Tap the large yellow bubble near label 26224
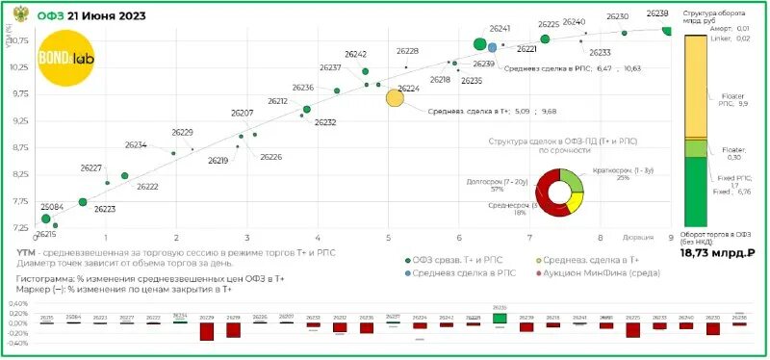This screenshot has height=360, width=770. pyautogui.click(x=396, y=97)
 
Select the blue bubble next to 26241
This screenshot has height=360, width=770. pyautogui.click(x=493, y=46)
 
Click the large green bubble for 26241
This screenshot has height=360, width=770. pyautogui.click(x=480, y=44)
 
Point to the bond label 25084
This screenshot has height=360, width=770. pyautogui.click(x=52, y=207)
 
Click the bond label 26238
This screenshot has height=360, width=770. pyautogui.click(x=658, y=14)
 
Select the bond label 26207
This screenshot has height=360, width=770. pyautogui.click(x=243, y=114)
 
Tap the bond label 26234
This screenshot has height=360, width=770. pyautogui.click(x=136, y=145)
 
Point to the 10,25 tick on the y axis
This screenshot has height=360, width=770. pyautogui.click(x=20, y=67)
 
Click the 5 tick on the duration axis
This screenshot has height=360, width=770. pyautogui.click(x=389, y=237)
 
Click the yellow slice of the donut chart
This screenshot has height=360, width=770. pyautogui.click(x=575, y=201)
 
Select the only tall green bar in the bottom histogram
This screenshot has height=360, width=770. pyautogui.click(x=499, y=318)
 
